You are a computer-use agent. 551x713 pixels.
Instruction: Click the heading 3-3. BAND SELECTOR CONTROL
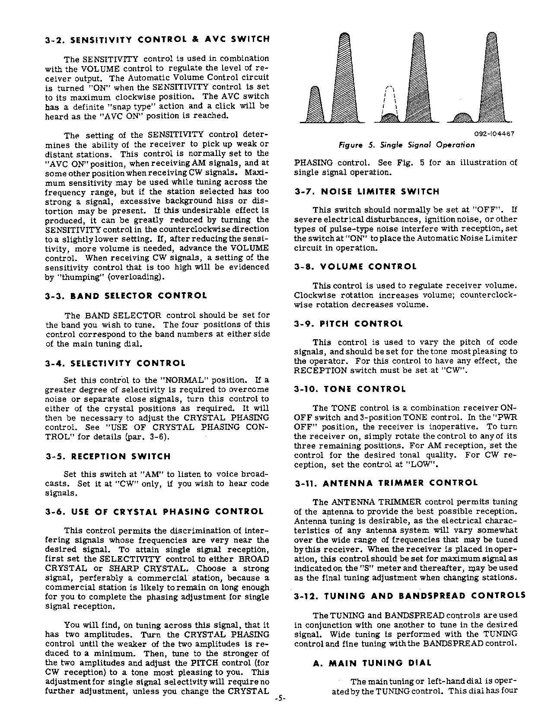pyautogui.click(x=126, y=296)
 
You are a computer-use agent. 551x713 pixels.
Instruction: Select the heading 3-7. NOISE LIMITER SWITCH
pyautogui.click(x=366, y=191)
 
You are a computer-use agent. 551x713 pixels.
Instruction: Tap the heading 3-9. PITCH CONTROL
pyautogui.click(x=348, y=324)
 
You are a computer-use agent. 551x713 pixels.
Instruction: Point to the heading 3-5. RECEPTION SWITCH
pyautogui.click(x=108, y=456)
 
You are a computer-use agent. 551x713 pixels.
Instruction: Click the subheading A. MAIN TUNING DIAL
pyautogui.click(x=373, y=663)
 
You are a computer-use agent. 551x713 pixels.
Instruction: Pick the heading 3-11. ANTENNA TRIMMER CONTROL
pyautogui.click(x=386, y=483)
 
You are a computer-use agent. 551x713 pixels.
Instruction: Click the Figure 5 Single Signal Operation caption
pyautogui.click(x=407, y=145)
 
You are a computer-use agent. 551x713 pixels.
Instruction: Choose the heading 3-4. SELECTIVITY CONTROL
pyautogui.click(x=115, y=363)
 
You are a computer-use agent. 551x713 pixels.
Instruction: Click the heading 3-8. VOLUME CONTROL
pyautogui.click(x=355, y=267)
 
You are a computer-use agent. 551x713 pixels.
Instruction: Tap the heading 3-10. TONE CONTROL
pyautogui.click(x=350, y=389)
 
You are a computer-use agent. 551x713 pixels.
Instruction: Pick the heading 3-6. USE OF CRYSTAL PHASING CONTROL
pyautogui.click(x=154, y=512)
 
